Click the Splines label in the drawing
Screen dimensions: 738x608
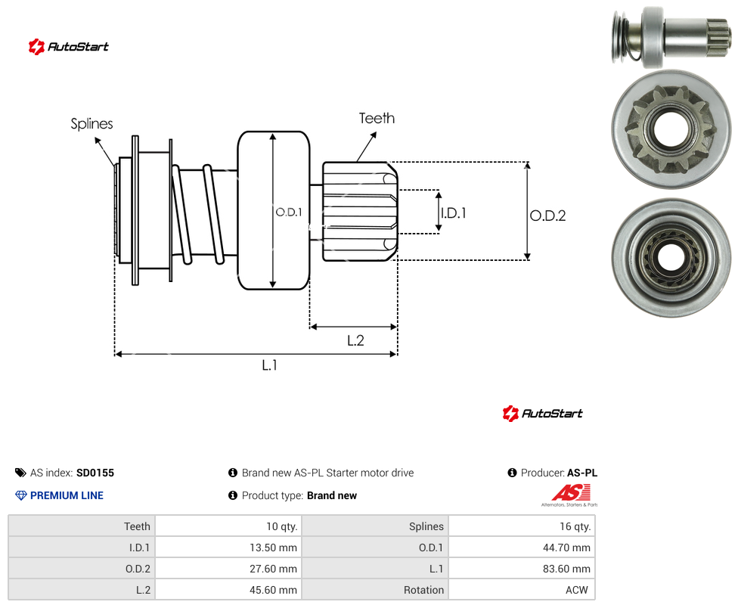pyautogui.click(x=91, y=124)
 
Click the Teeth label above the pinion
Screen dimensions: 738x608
pyautogui.click(x=377, y=118)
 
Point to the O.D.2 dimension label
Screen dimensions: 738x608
pyautogui.click(x=548, y=216)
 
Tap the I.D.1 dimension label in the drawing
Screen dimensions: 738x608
pyautogui.click(x=453, y=213)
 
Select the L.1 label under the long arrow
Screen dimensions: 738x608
pyautogui.click(x=270, y=365)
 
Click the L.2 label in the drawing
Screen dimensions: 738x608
pyautogui.click(x=356, y=340)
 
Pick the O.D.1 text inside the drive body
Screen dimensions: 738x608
pyautogui.click(x=289, y=212)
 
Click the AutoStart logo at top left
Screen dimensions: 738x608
pyautogui.click(x=69, y=47)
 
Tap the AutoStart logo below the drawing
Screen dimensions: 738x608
pyautogui.click(x=543, y=414)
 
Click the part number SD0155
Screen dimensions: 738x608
pyautogui.click(x=95, y=473)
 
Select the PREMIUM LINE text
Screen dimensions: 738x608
pyautogui.click(x=67, y=495)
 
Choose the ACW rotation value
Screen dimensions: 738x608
pyautogui.click(x=576, y=590)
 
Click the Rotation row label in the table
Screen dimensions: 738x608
pyautogui.click(x=423, y=590)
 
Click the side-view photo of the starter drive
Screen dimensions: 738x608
pyautogui.click(x=671, y=37)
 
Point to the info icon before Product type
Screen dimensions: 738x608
pyautogui.click(x=232, y=495)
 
